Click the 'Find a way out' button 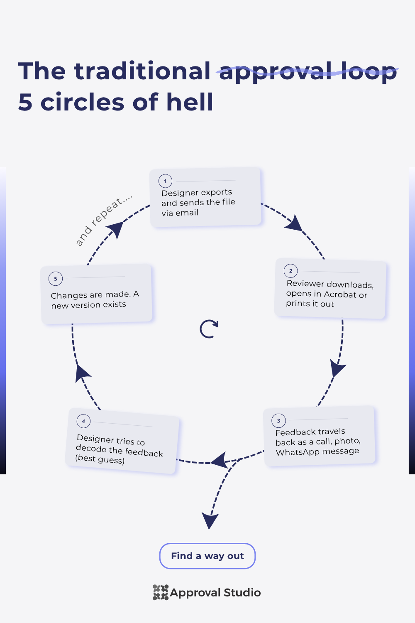point(207,556)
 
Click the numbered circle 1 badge point(166,181)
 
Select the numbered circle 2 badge point(291,271)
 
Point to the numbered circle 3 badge point(278,421)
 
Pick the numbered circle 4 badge point(83,421)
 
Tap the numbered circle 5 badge point(56,279)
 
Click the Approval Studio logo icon point(161,592)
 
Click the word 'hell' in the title point(190,102)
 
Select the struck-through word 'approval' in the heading point(276,72)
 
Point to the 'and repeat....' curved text point(103,220)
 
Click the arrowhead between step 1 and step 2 point(295,223)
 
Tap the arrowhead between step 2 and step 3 point(337,368)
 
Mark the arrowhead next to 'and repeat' point(116,229)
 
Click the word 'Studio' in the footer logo point(242,593)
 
